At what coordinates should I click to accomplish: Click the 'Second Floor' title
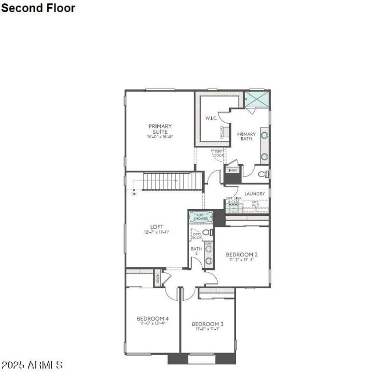coord(38,8)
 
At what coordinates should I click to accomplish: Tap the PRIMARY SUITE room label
coord(160,129)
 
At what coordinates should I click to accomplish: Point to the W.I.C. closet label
coord(210,118)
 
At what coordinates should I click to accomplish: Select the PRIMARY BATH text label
coord(246,136)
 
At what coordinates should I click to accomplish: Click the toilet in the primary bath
coord(263,174)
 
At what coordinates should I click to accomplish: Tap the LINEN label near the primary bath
coord(233,170)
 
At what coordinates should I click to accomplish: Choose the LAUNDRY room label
coord(254,194)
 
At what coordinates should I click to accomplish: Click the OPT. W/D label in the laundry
coord(255,204)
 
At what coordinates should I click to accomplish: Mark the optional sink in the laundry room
coord(234,207)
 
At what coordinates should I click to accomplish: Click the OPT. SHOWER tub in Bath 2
coord(201,217)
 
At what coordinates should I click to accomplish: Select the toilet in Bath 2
coord(207,232)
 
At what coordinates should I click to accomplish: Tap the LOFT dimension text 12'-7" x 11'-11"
coord(156,232)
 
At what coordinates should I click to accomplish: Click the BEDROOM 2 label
coord(242,255)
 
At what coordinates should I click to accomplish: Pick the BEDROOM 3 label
coord(207,324)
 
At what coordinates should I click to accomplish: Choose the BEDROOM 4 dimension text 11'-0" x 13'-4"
coord(152,324)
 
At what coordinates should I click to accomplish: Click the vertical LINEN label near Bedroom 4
coord(157,279)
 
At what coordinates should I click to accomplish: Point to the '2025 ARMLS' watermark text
coord(32,365)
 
